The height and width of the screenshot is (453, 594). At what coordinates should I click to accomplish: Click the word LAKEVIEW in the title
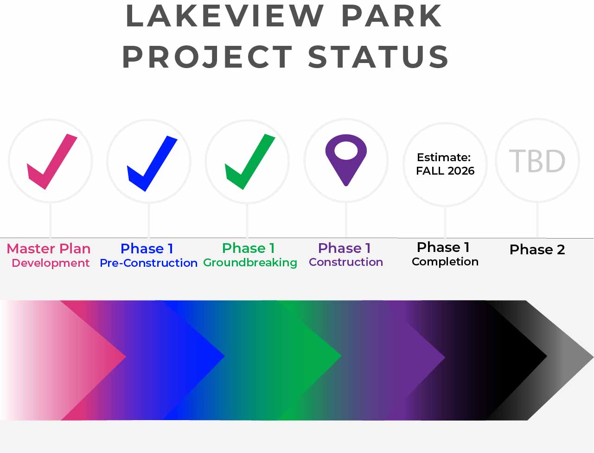[x=224, y=16]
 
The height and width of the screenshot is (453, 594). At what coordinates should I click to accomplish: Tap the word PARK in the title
[x=391, y=16]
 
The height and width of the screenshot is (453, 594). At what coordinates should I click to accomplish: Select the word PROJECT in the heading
[x=207, y=57]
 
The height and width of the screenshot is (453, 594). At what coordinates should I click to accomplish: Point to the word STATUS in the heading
[x=378, y=57]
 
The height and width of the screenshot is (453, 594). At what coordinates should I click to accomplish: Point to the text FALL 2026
[x=445, y=171]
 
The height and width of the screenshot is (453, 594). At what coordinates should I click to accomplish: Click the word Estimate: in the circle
[x=444, y=157]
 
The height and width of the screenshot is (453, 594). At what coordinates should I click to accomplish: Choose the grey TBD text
[x=537, y=161]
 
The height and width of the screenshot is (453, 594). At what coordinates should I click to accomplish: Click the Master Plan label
[x=49, y=249]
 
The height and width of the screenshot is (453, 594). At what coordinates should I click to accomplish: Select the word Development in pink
[x=51, y=263]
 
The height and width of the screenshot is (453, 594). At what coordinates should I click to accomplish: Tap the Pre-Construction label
[x=148, y=263]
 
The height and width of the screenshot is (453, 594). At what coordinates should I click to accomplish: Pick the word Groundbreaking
[x=250, y=263]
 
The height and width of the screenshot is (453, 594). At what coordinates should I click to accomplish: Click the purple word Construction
[x=346, y=262]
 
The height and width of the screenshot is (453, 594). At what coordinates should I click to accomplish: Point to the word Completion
[x=445, y=262]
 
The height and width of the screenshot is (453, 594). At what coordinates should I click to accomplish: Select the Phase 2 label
[x=537, y=250]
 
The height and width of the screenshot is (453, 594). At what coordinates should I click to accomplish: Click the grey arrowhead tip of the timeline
[x=593, y=357]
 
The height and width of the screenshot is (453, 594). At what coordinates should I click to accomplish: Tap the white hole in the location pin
[x=346, y=151]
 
